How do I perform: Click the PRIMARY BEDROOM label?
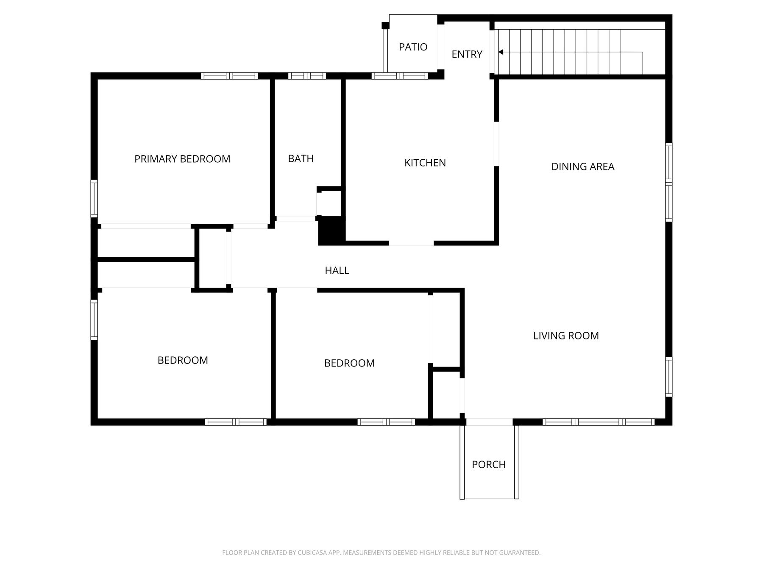tap(182, 159)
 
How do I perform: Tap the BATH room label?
tap(301, 158)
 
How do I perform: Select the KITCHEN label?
tap(425, 163)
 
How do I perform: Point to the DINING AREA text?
tap(583, 167)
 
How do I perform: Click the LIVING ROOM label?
tap(566, 336)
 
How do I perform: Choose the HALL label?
tap(337, 270)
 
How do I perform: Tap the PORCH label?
tap(489, 464)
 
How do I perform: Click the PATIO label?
tap(413, 47)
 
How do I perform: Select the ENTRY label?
tap(467, 54)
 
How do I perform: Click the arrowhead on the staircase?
tap(501, 52)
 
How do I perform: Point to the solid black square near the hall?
tap(331, 231)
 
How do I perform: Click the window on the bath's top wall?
tap(307, 76)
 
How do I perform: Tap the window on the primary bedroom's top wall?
tap(229, 76)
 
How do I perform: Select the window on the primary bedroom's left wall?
tap(94, 199)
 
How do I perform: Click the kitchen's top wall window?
tap(400, 76)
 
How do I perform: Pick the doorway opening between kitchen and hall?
tap(411, 243)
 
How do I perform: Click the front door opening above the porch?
tap(489, 422)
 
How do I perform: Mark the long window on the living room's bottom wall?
tap(599, 422)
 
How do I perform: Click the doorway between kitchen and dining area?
tap(496, 144)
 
